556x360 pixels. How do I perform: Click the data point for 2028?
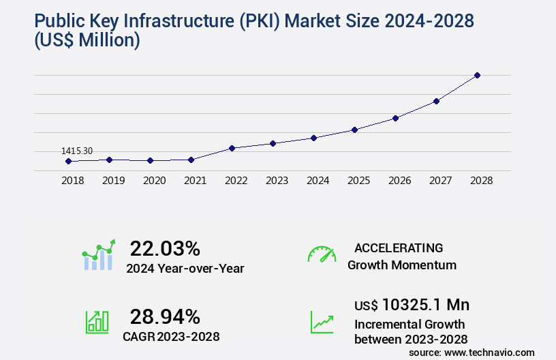click(x=477, y=75)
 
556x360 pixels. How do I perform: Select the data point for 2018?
click(x=68, y=162)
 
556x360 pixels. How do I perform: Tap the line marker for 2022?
click(x=232, y=148)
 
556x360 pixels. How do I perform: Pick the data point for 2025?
click(x=354, y=130)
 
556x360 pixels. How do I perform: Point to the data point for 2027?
click(x=436, y=101)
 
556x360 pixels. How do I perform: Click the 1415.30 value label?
click(x=77, y=151)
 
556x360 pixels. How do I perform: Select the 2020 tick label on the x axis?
click(x=154, y=181)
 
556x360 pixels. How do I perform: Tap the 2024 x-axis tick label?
click(x=318, y=181)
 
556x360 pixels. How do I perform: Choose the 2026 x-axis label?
click(x=399, y=181)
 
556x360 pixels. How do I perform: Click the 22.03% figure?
click(x=165, y=247)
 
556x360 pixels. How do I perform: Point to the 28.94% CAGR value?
click(x=165, y=316)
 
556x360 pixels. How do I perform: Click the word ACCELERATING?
click(x=399, y=247)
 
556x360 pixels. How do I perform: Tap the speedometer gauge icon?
click(x=322, y=254)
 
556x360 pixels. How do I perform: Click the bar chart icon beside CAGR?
click(x=97, y=321)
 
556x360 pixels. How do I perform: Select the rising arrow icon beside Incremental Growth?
click(x=322, y=321)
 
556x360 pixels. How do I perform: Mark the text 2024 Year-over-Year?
click(x=185, y=268)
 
